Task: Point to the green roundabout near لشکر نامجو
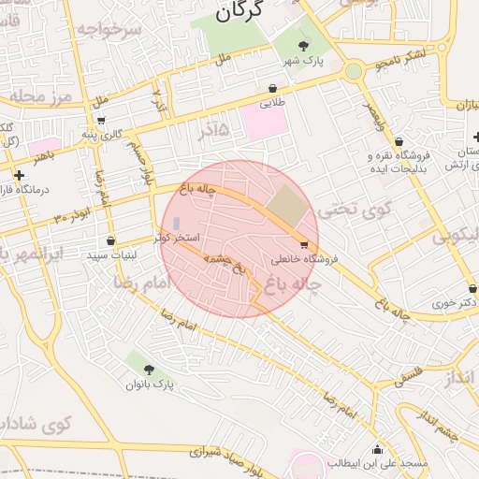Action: click(x=353, y=71)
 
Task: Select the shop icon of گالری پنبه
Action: click(x=101, y=120)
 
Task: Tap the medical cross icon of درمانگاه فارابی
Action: click(x=19, y=175)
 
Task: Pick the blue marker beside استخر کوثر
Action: click(x=179, y=225)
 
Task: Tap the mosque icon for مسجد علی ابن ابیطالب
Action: click(x=377, y=449)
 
